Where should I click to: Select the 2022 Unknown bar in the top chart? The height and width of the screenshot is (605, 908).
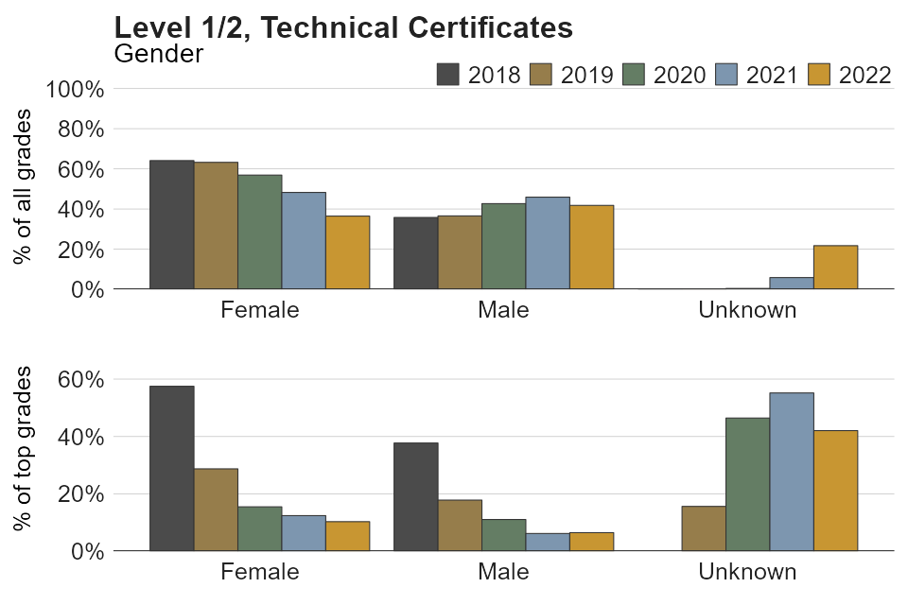835,268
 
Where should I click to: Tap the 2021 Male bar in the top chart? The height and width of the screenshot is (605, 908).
548,243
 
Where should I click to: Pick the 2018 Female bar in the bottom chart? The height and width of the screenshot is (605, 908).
171,468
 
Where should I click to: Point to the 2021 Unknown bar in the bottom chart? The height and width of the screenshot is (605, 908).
792,472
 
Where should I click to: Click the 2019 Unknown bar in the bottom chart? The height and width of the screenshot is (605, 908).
704,528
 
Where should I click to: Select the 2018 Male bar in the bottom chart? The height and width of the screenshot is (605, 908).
415,496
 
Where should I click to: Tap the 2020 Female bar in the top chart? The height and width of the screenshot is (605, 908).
259,232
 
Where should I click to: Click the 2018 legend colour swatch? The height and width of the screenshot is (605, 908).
447,75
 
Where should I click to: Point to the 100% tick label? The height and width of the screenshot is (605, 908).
75,89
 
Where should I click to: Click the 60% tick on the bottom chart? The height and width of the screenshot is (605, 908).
80,380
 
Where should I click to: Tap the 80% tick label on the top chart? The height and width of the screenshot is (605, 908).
80,130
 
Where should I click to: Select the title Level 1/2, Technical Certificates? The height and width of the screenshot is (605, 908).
343,28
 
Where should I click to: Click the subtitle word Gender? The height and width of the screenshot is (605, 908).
158,53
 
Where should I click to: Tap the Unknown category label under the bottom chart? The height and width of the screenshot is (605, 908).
747,571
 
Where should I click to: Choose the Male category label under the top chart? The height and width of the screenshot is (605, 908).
503,309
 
